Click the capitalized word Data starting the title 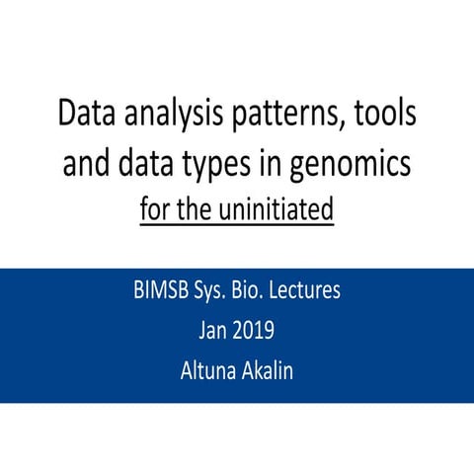point(86,117)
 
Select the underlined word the point(199,209)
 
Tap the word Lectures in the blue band point(328,292)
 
